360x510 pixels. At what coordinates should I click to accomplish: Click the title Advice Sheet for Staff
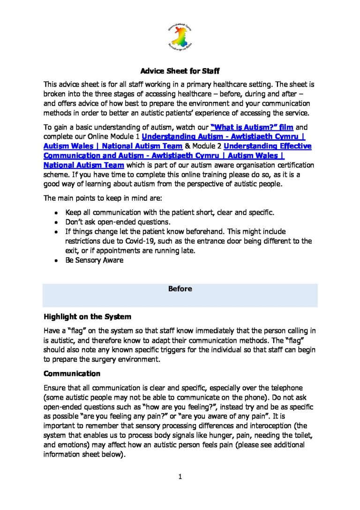coord(180,72)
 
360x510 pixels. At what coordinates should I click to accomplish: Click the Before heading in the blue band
coord(180,289)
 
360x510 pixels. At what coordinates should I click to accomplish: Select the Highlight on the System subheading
coord(80,317)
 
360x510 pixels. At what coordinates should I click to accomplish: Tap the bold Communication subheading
coord(72,374)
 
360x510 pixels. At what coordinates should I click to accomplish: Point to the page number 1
coord(180,478)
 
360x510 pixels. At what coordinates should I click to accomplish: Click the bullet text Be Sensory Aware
coord(94,260)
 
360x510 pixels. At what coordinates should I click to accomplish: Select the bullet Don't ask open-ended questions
coord(118,222)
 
